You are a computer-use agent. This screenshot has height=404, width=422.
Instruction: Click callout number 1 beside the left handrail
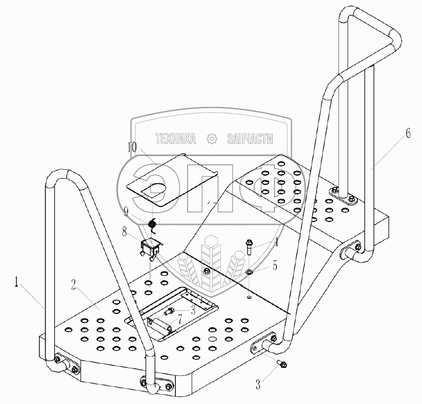click(17, 283)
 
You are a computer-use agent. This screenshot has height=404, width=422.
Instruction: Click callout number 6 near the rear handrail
click(407, 136)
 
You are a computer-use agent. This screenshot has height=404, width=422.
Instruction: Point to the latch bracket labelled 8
click(149, 247)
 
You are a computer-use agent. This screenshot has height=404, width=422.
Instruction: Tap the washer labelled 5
click(249, 272)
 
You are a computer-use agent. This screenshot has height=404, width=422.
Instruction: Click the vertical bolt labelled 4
click(249, 247)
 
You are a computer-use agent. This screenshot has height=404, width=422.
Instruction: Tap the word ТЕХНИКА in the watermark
click(175, 139)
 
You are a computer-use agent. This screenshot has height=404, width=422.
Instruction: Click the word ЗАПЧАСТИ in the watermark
click(250, 139)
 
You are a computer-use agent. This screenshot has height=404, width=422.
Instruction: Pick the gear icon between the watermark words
click(211, 139)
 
